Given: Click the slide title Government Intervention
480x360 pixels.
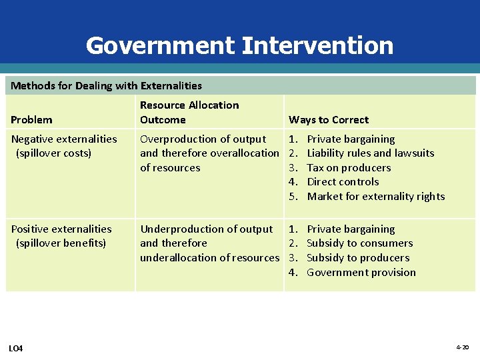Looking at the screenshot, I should click(239, 45).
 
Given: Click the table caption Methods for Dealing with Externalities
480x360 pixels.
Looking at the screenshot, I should click(107, 85).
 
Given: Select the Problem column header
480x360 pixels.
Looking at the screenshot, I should click(31, 120).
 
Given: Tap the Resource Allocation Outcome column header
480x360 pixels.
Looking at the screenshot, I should click(189, 112).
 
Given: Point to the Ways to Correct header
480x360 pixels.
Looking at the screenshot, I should click(329, 120).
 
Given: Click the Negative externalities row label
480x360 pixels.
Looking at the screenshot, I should click(64, 139).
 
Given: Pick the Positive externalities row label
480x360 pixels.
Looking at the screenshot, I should click(61, 229).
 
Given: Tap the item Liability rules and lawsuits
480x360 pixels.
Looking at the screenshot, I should click(370, 153).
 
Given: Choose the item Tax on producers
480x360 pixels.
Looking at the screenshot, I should click(349, 168).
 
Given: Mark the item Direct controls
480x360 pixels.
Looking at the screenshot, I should click(343, 182).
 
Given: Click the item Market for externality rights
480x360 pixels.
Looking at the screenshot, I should click(375, 197).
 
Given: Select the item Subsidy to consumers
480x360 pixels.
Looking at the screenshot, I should click(359, 243).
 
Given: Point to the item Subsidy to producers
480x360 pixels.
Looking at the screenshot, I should click(358, 258).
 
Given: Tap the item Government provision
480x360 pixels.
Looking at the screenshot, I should click(361, 273).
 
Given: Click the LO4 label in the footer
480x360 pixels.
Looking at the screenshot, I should click(16, 348).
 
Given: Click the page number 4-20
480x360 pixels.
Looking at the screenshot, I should click(462, 347).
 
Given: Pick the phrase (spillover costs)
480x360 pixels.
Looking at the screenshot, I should click(53, 153).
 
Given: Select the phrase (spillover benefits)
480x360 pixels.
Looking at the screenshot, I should click(61, 243).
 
